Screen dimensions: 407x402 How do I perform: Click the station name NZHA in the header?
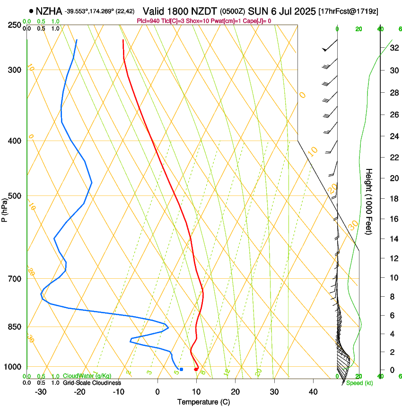click(x=49, y=11)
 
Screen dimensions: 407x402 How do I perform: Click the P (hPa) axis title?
click(x=5, y=208)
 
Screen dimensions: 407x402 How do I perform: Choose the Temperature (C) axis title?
click(x=203, y=402)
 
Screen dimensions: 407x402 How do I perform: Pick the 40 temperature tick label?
click(x=313, y=391)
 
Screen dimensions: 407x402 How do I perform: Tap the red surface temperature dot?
click(x=196, y=369)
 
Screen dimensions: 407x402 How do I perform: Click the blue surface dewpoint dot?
click(x=181, y=369)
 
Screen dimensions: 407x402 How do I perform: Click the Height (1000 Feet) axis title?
click(x=369, y=202)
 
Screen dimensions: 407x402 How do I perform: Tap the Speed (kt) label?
click(x=359, y=383)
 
